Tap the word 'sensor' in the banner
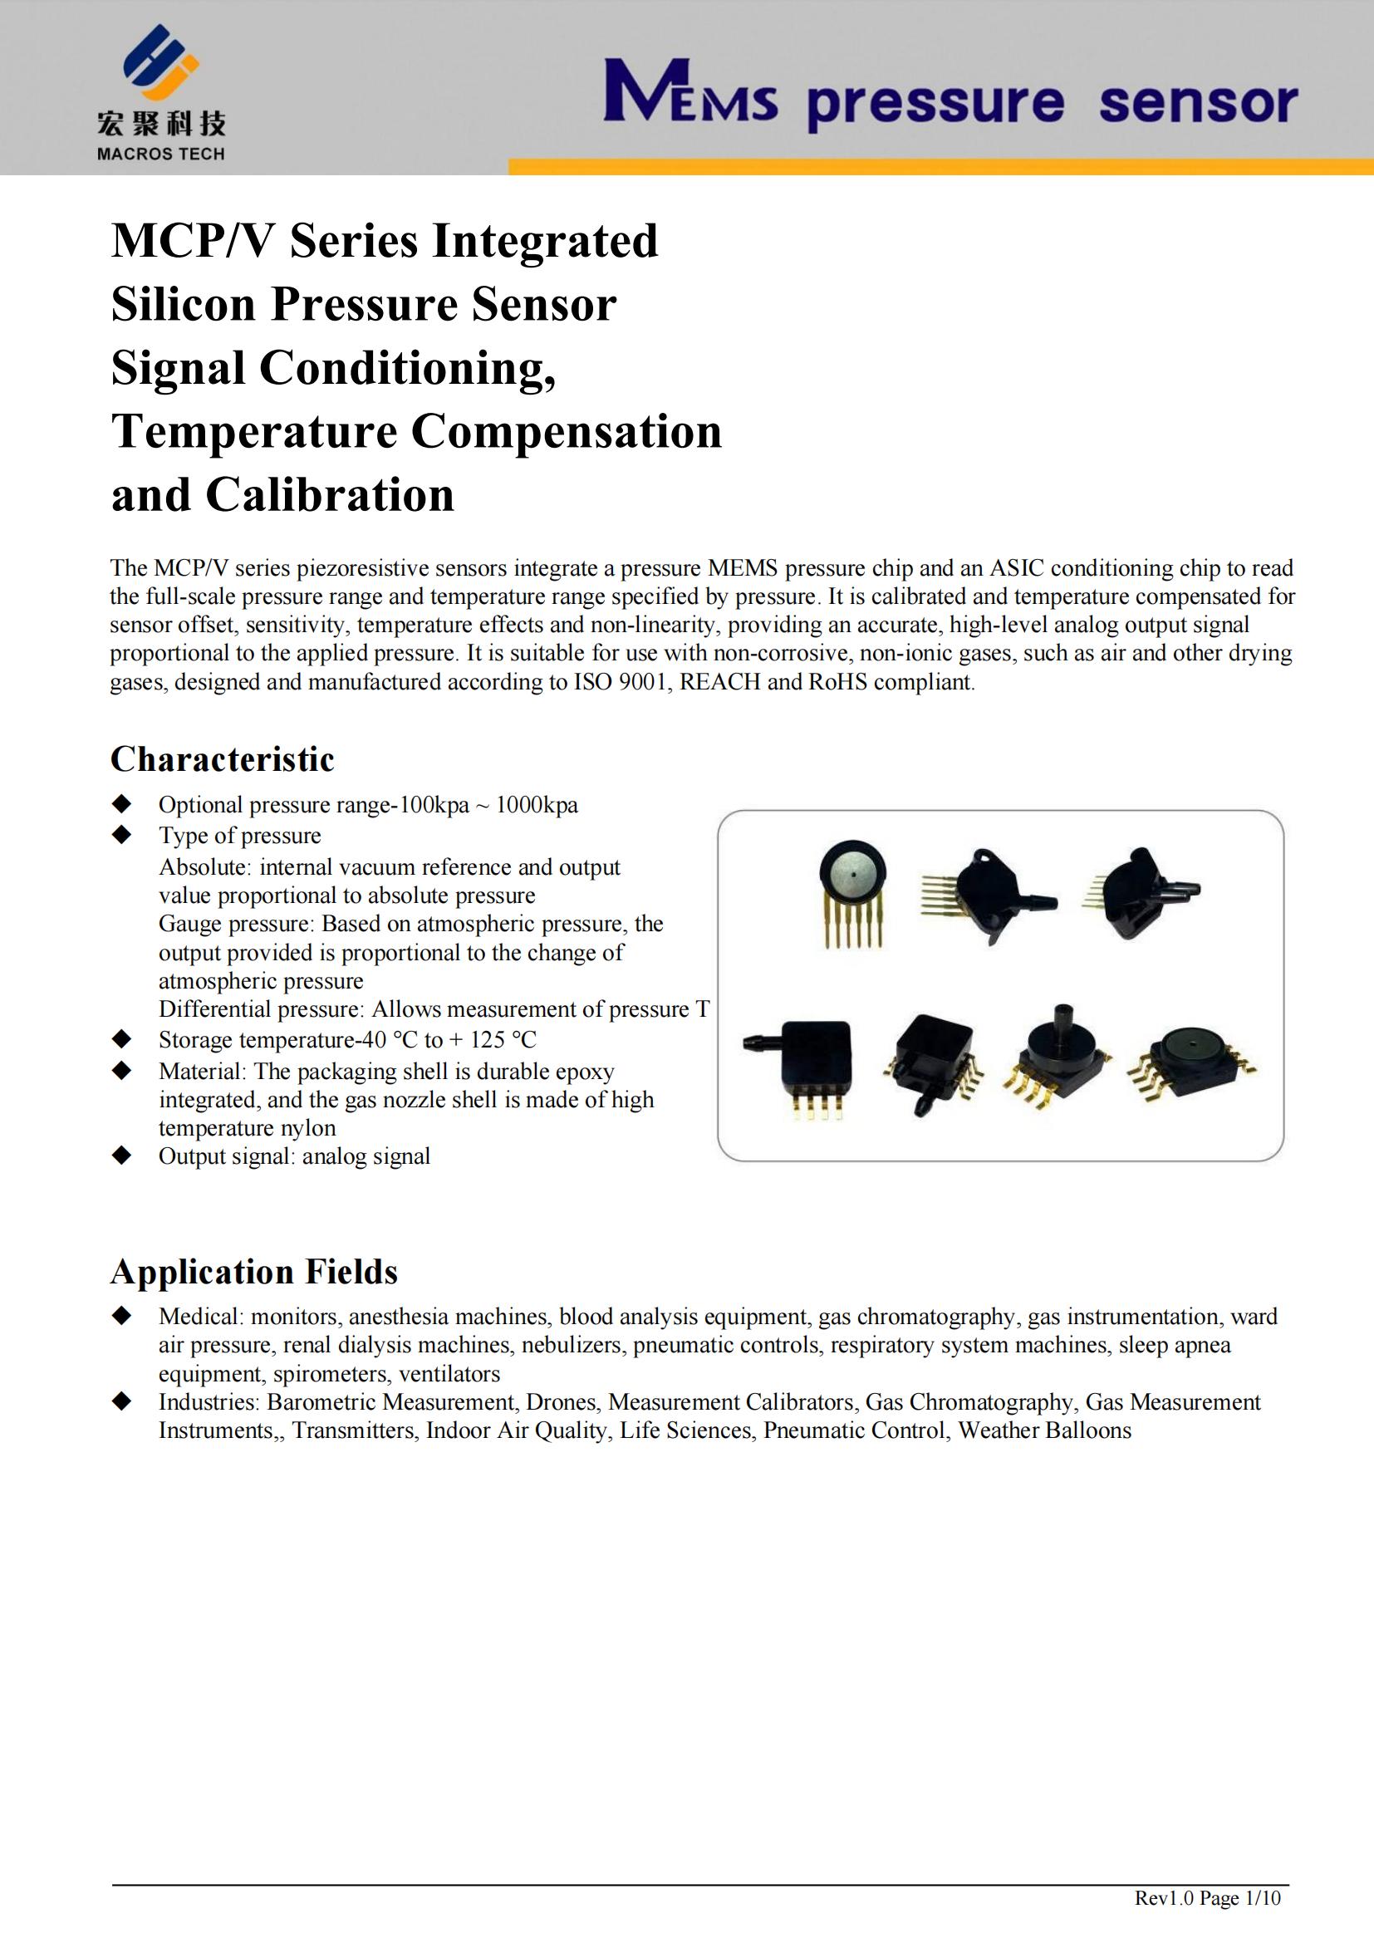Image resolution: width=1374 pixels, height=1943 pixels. [x=1197, y=104]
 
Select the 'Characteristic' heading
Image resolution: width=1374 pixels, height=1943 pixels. [x=223, y=759]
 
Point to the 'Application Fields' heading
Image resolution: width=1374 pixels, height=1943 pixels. [x=254, y=1272]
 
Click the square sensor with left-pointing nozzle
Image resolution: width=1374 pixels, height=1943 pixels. [x=804, y=1067]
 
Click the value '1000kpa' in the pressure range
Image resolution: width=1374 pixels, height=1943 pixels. [x=537, y=805]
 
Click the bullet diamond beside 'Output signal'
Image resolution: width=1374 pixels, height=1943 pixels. [x=122, y=1155]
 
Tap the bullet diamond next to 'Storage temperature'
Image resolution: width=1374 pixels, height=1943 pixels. [x=122, y=1038]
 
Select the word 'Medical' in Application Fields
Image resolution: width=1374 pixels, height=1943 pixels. [x=200, y=1317]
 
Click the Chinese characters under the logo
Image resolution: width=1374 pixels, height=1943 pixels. [x=161, y=125]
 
